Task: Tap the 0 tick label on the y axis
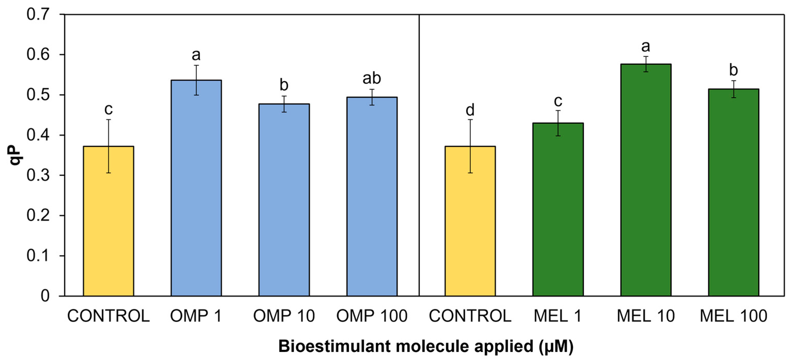point(45,296)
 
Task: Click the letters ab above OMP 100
point(372,78)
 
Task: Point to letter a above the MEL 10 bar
point(646,47)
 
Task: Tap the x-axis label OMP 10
point(284,316)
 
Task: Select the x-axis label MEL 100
point(733,316)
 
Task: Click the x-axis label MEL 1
point(558,316)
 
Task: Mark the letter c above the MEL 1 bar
point(558,101)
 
